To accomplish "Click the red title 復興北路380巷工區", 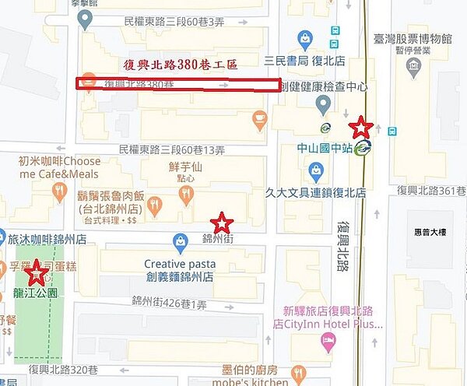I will pos(188,65).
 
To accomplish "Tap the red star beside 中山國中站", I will pos(360,126).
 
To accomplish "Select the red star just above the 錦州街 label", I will pos(223,223).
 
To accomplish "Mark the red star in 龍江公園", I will pos(35,273).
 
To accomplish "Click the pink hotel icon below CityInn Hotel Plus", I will pos(328,340).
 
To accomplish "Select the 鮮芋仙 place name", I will pos(185,166).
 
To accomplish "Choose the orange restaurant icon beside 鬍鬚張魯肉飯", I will pos(154,205).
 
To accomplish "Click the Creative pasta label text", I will pos(179,264).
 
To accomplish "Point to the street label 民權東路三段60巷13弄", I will pos(171,149).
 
